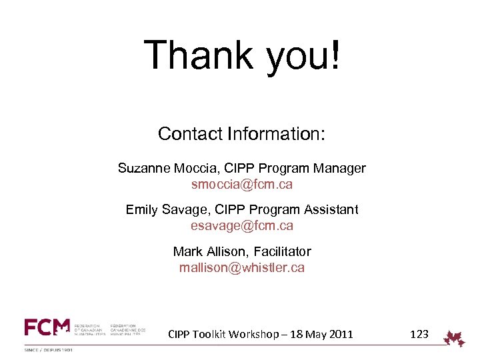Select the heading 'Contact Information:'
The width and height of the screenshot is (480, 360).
(241, 134)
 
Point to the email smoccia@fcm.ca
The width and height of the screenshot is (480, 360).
(241, 184)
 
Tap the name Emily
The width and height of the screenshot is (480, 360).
(141, 209)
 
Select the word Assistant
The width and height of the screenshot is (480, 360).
(330, 209)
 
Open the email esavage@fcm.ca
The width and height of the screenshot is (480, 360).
(241, 225)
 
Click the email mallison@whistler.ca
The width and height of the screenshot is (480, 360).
(241, 267)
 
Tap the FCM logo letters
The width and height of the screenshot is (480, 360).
(47, 327)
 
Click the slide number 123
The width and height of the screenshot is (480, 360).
(419, 334)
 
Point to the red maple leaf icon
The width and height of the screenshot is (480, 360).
(455, 338)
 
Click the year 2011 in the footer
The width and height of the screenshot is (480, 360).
(340, 334)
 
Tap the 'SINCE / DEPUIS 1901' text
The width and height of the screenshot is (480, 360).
(49, 349)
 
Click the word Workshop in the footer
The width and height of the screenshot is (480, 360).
(253, 334)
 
